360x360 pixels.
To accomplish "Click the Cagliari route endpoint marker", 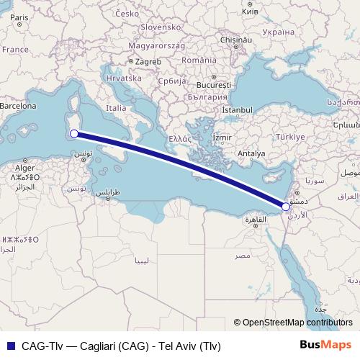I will [x=73, y=133].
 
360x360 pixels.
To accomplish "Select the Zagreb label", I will [x=148, y=62].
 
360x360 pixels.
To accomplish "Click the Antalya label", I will [x=251, y=153].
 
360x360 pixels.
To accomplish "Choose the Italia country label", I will [x=116, y=108].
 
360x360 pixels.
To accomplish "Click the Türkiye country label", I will [x=292, y=137].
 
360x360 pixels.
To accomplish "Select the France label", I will [x=14, y=50].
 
